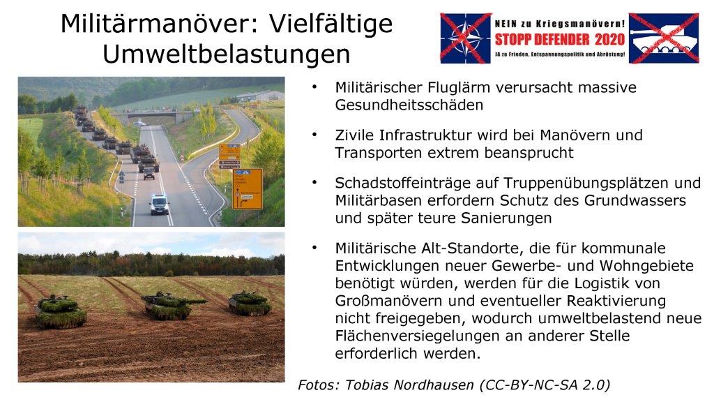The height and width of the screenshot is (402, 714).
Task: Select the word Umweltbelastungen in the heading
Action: pos(227,54)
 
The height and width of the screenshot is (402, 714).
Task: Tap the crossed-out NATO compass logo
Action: pos(465,38)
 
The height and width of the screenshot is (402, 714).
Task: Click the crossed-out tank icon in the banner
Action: pos(664,38)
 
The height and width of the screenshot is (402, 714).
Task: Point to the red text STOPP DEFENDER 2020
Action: pos(560,40)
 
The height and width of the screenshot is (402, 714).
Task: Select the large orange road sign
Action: pos(248,188)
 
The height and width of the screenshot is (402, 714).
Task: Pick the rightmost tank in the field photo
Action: pos(250,303)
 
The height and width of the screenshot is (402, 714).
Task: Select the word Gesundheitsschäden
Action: pos(409,105)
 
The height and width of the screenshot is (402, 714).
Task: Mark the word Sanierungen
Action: pos(506,218)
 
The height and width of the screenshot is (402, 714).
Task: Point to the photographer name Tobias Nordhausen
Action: pos(409,385)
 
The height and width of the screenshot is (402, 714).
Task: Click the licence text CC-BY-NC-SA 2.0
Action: pos(545,385)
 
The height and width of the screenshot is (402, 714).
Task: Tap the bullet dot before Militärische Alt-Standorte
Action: pos(314,248)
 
